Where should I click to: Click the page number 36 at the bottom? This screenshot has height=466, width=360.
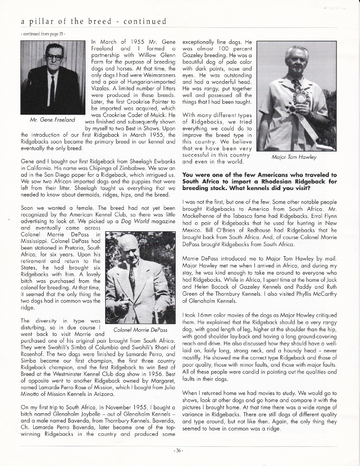(x=180, y=451)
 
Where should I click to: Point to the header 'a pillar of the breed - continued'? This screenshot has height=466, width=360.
(x=94, y=22)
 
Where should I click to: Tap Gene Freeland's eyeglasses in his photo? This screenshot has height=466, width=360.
(x=54, y=57)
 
